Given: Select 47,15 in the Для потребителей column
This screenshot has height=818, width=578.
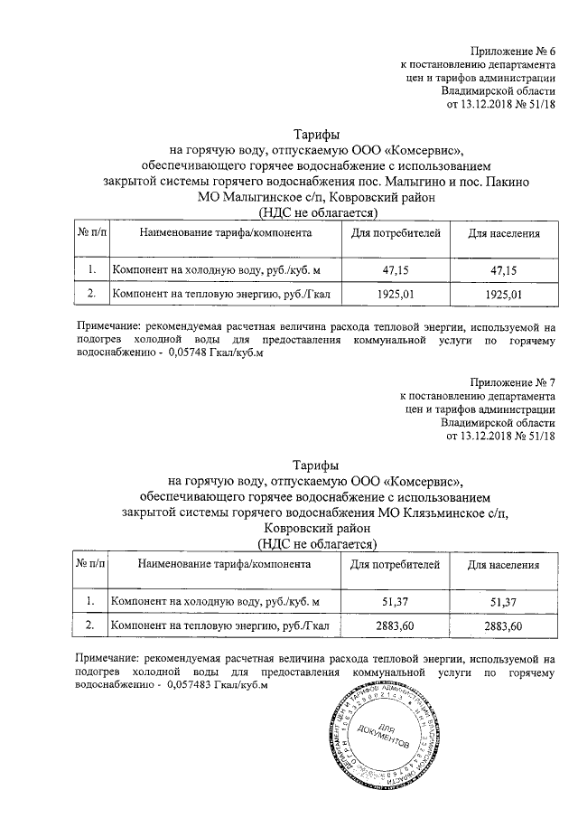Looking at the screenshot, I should point(396,270).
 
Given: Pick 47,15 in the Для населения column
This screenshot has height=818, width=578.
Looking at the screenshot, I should point(503,270).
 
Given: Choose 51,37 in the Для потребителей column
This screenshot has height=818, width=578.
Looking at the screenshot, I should point(396,602).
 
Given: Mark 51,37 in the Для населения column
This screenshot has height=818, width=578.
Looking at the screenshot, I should point(503,602).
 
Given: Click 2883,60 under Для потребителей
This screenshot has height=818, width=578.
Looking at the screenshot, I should point(396,625).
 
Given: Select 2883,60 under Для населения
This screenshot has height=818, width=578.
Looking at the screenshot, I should point(503,625).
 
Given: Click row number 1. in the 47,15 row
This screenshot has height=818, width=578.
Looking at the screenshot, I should point(92,270).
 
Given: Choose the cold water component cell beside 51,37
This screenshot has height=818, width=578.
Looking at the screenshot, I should point(214,602).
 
